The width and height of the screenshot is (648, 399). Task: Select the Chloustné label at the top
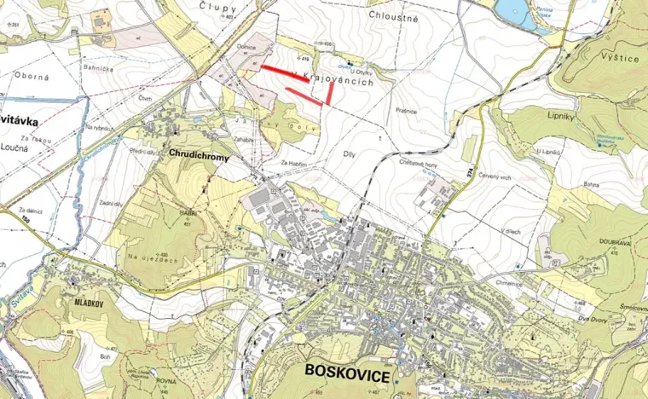point(393,15)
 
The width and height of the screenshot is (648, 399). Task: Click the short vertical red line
point(329,93)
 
